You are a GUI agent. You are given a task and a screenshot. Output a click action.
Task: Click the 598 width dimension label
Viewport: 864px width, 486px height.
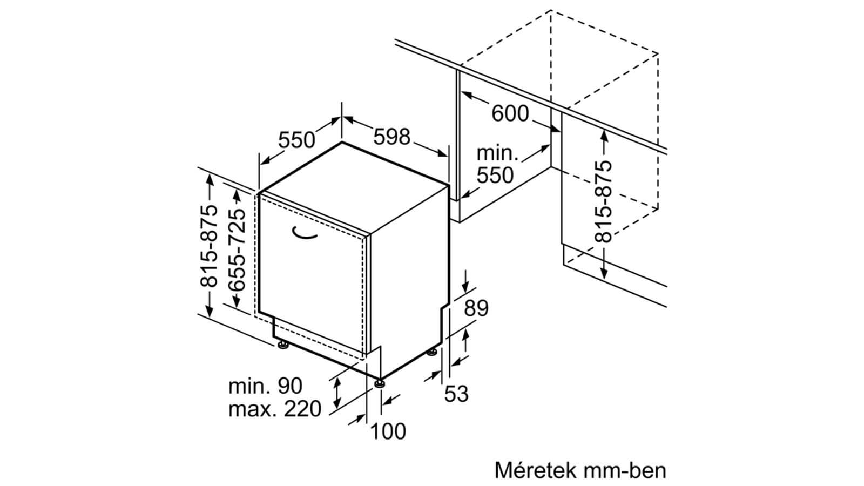click(391, 137)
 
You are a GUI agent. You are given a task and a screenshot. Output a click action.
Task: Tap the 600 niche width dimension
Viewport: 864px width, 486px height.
click(510, 113)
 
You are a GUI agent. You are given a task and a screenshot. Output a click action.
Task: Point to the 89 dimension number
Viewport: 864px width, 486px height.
click(476, 308)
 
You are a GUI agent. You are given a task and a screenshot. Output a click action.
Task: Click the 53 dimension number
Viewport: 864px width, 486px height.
click(456, 394)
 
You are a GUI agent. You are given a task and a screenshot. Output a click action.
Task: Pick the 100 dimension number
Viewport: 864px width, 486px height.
click(388, 431)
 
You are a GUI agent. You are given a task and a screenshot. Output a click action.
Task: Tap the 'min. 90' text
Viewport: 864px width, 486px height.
click(265, 386)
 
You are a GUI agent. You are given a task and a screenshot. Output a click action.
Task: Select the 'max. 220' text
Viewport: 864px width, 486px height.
click(275, 409)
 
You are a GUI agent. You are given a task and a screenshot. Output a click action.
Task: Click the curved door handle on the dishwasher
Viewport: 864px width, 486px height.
click(305, 233)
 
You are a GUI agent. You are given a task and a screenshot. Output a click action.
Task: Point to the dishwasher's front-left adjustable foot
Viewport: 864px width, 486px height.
click(283, 345)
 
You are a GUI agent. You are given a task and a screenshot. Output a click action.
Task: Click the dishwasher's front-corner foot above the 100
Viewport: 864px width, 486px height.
click(380, 383)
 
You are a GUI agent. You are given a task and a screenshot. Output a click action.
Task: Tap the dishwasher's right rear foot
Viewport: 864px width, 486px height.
click(432, 352)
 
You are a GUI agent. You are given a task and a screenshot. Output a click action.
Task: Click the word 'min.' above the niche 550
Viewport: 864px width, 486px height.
click(497, 153)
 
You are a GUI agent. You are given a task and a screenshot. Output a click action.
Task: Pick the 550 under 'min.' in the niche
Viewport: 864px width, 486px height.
click(495, 175)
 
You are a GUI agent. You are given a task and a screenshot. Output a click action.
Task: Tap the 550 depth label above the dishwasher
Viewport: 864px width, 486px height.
click(296, 140)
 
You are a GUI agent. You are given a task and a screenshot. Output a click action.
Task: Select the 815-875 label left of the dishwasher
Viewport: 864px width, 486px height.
click(208, 246)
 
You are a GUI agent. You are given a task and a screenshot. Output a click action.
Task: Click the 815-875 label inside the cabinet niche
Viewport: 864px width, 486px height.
click(604, 201)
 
